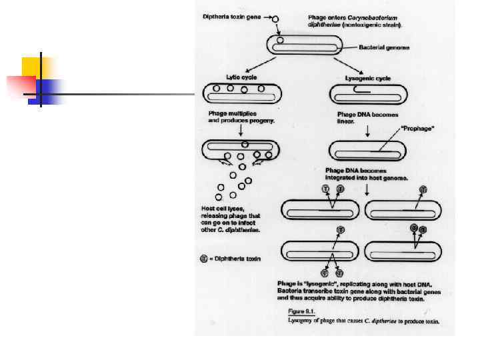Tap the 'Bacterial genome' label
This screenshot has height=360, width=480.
[383, 47]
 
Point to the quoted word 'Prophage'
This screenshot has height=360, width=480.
[417, 129]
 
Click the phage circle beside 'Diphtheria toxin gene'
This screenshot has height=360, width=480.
[276, 19]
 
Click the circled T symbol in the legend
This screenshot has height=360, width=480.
[205, 259]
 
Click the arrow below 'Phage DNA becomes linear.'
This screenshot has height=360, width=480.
[367, 133]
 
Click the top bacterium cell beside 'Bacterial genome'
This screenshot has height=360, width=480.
[305, 45]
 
